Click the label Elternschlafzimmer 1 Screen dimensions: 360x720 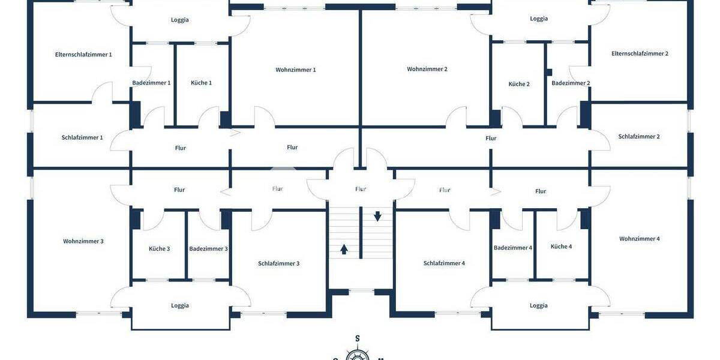pyautogui.click(x=83, y=55)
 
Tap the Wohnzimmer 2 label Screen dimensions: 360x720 pyautogui.click(x=427, y=69)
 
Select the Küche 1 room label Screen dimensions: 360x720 pyautogui.click(x=201, y=83)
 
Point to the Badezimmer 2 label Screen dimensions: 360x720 pyautogui.click(x=571, y=83)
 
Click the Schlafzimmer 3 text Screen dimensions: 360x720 pyautogui.click(x=278, y=263)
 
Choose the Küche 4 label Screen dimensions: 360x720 pyautogui.click(x=561, y=247)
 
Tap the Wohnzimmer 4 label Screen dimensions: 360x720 pyautogui.click(x=640, y=239)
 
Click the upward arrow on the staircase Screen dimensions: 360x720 pyautogui.click(x=344, y=248)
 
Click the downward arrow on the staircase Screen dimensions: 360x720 pyautogui.click(x=377, y=216)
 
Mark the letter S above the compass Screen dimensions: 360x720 pyautogui.click(x=358, y=338)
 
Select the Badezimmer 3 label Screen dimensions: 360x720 pyautogui.click(x=208, y=249)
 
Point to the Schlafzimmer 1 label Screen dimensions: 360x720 pyautogui.click(x=82, y=137)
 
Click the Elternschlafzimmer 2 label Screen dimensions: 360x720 pyautogui.click(x=640, y=53)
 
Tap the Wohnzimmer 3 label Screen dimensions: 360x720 pyautogui.click(x=83, y=241)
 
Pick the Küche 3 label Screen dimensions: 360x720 pyautogui.click(x=159, y=249)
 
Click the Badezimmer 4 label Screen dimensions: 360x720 pyautogui.click(x=513, y=248)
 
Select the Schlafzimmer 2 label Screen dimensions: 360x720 pyautogui.click(x=639, y=136)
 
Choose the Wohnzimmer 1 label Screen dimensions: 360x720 pyautogui.click(x=296, y=70)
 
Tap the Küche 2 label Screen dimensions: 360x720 pyautogui.click(x=519, y=84)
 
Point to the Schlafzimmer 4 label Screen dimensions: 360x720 pyautogui.click(x=444, y=263)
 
